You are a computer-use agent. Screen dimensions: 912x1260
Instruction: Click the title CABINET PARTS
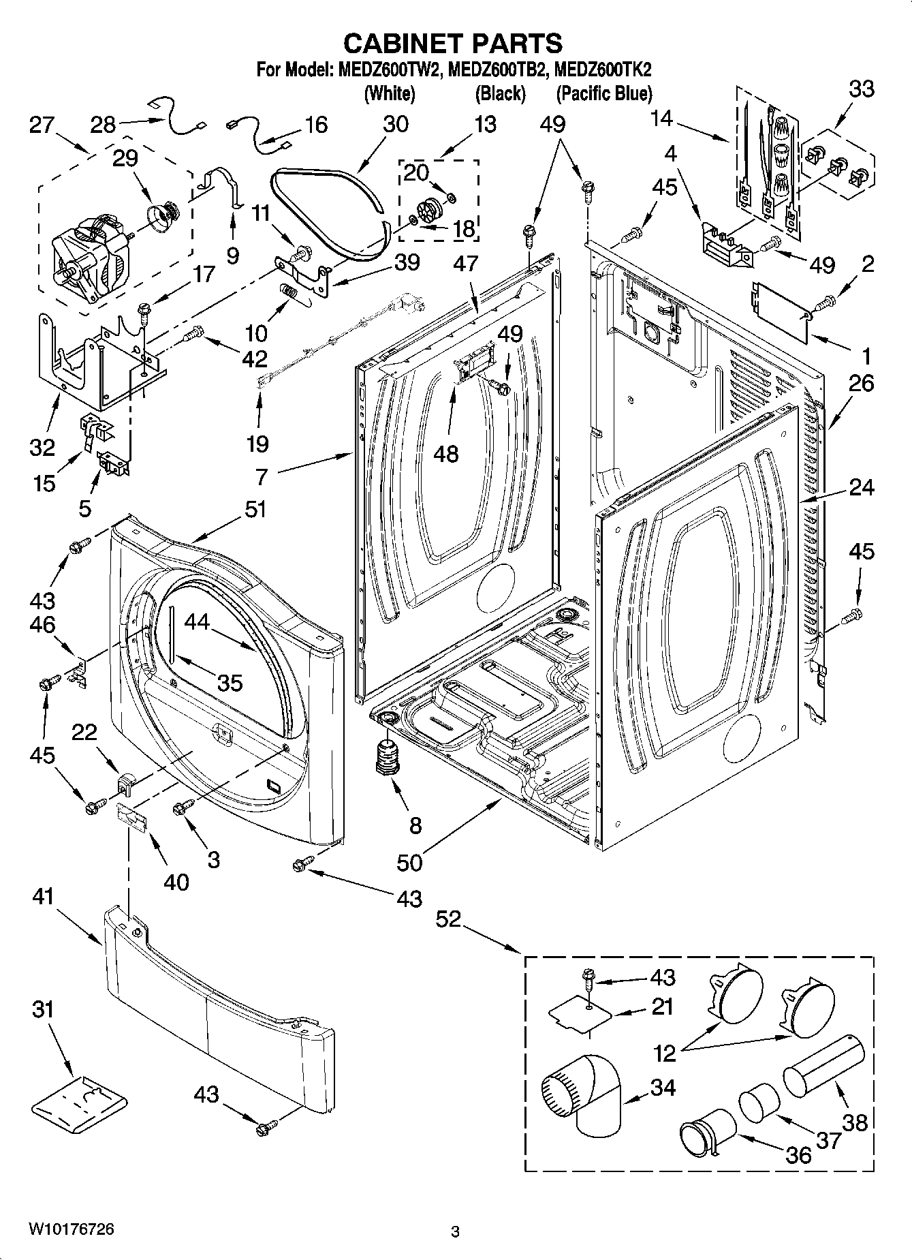[453, 43]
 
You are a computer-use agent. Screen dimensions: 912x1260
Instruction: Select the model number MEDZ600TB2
[499, 70]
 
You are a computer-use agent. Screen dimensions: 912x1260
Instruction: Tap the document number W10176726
[71, 1229]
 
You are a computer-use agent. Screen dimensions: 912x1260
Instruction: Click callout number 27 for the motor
[42, 125]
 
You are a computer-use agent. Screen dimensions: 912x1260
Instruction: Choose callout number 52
[449, 920]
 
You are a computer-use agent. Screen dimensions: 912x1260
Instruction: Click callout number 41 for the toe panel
[44, 897]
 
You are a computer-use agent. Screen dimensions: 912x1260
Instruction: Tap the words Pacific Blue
[604, 93]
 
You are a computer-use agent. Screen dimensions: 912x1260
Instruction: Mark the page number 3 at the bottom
[455, 1231]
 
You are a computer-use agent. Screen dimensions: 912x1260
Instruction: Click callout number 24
[861, 487]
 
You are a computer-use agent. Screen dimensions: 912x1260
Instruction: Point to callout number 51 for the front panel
[255, 510]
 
